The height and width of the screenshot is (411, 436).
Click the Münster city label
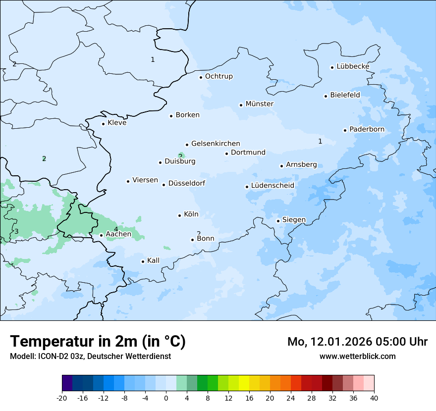(259, 104)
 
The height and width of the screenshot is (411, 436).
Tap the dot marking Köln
(179, 215)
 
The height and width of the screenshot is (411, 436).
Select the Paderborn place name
(367, 130)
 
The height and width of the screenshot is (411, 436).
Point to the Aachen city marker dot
(101, 235)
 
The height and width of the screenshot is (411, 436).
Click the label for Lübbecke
(353, 66)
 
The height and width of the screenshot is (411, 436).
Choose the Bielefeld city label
(345, 95)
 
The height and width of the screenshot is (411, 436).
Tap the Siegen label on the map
(294, 220)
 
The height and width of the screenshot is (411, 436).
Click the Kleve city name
(117, 123)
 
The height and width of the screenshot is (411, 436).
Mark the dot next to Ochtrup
(201, 77)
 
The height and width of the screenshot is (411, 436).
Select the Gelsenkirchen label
(216, 144)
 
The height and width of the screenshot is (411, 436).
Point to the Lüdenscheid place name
(272, 186)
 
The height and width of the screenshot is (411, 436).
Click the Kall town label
(153, 260)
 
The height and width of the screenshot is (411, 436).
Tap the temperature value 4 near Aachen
(116, 229)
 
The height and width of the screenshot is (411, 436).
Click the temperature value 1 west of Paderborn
(320, 141)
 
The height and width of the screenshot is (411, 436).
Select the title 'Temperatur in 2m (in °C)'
(98, 341)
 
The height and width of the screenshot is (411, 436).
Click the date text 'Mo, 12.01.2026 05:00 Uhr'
(357, 342)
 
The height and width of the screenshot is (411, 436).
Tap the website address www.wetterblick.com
(357, 356)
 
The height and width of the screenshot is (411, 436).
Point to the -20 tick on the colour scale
(62, 398)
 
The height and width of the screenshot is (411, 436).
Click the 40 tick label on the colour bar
(374, 398)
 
